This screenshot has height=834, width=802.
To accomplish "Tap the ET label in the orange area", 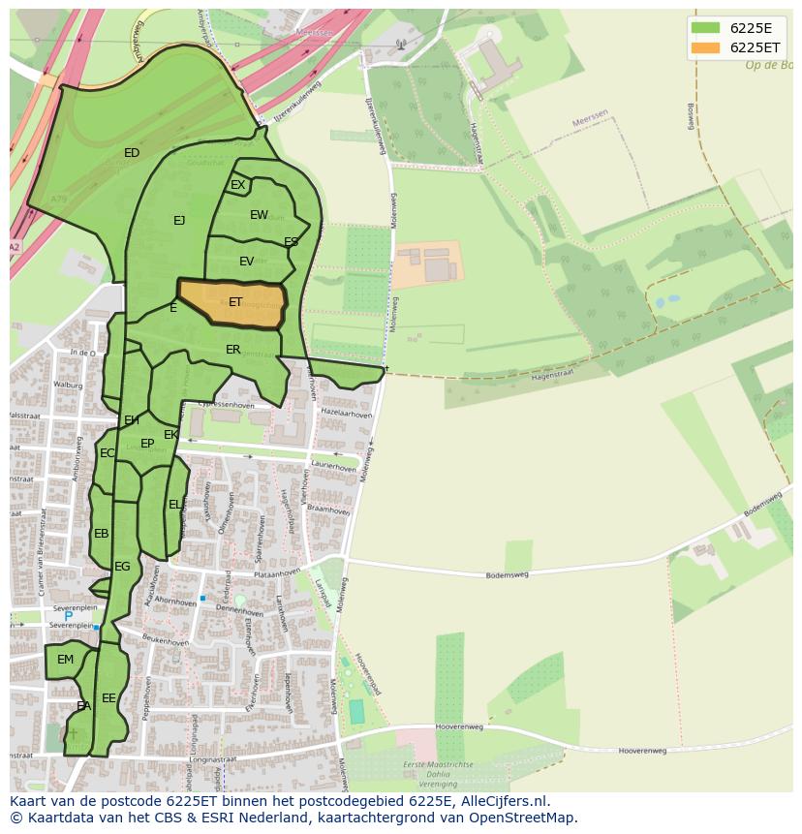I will (235, 303).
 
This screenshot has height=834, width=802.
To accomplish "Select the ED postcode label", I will (132, 153).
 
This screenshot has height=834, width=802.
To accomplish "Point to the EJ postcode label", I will (179, 221).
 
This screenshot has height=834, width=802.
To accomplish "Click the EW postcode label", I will (259, 215).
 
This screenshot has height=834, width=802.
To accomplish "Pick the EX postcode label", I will (237, 185).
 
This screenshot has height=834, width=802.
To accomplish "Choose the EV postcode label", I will (246, 262).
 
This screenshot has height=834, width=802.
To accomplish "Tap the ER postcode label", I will (232, 350).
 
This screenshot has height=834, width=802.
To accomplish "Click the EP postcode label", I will (147, 444).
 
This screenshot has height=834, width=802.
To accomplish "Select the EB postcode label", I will (102, 534).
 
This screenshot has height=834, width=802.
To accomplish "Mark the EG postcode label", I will (122, 567).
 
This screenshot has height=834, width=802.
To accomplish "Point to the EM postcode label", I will (65, 660).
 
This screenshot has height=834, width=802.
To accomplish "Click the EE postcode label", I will (108, 697).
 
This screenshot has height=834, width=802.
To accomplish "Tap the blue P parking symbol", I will (68, 616).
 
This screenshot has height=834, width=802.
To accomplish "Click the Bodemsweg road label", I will (508, 574).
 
